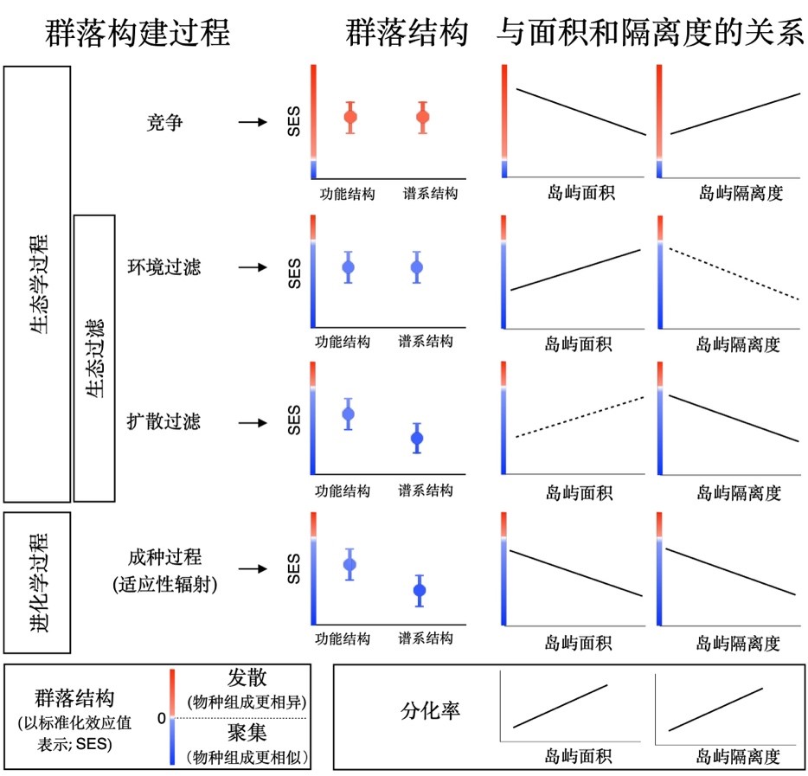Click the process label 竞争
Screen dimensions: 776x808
(164, 122)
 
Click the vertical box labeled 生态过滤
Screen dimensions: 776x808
(95, 358)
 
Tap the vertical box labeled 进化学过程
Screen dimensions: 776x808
(37, 581)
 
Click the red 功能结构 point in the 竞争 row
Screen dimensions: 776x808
(350, 117)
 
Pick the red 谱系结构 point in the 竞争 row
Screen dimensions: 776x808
(423, 117)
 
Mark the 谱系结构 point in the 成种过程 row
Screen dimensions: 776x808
(420, 591)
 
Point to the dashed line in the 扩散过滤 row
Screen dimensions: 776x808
(580, 417)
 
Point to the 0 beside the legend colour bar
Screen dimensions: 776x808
(161, 718)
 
